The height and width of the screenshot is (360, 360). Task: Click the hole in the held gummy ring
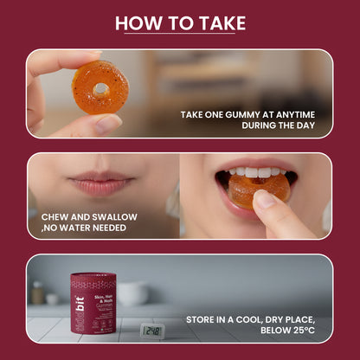click(x=102, y=87)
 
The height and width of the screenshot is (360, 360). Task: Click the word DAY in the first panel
click(x=303, y=126)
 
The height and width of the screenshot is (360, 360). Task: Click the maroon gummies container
click(x=93, y=304)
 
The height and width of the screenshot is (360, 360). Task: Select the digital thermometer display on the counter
click(x=152, y=331)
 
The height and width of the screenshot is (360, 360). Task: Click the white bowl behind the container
click(x=132, y=292)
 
